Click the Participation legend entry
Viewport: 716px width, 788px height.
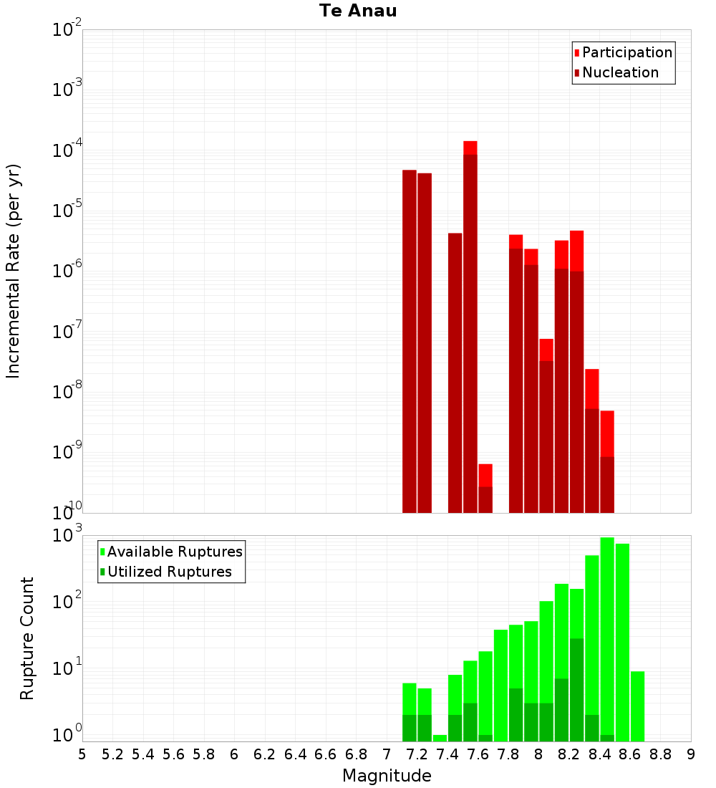(x=626, y=52)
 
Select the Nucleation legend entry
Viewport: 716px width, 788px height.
(x=619, y=72)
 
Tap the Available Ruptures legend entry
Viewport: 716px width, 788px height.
(x=174, y=552)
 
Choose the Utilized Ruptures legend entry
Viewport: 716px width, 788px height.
(x=168, y=572)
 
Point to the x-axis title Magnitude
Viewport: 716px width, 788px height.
(x=387, y=776)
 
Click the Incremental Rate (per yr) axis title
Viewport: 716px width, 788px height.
(x=13, y=271)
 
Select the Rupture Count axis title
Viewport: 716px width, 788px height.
(x=27, y=638)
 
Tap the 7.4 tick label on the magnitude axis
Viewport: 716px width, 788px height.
(x=447, y=754)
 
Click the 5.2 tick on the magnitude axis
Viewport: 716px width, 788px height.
(x=112, y=754)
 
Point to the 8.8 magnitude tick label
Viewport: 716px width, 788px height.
(x=661, y=754)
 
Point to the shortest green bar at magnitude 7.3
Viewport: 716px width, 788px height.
(x=440, y=738)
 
